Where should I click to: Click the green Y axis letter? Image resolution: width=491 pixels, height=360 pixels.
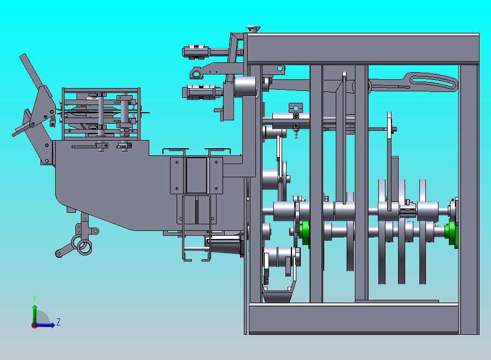(34, 298)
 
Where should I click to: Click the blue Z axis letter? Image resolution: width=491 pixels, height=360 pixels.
(59, 322)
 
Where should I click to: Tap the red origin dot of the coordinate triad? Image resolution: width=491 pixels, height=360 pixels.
(33, 326)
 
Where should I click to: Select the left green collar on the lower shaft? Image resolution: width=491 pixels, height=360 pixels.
(304, 233)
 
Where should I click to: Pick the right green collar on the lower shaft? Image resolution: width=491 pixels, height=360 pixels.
(451, 234)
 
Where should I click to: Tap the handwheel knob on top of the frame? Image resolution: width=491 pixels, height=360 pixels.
(253, 29)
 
